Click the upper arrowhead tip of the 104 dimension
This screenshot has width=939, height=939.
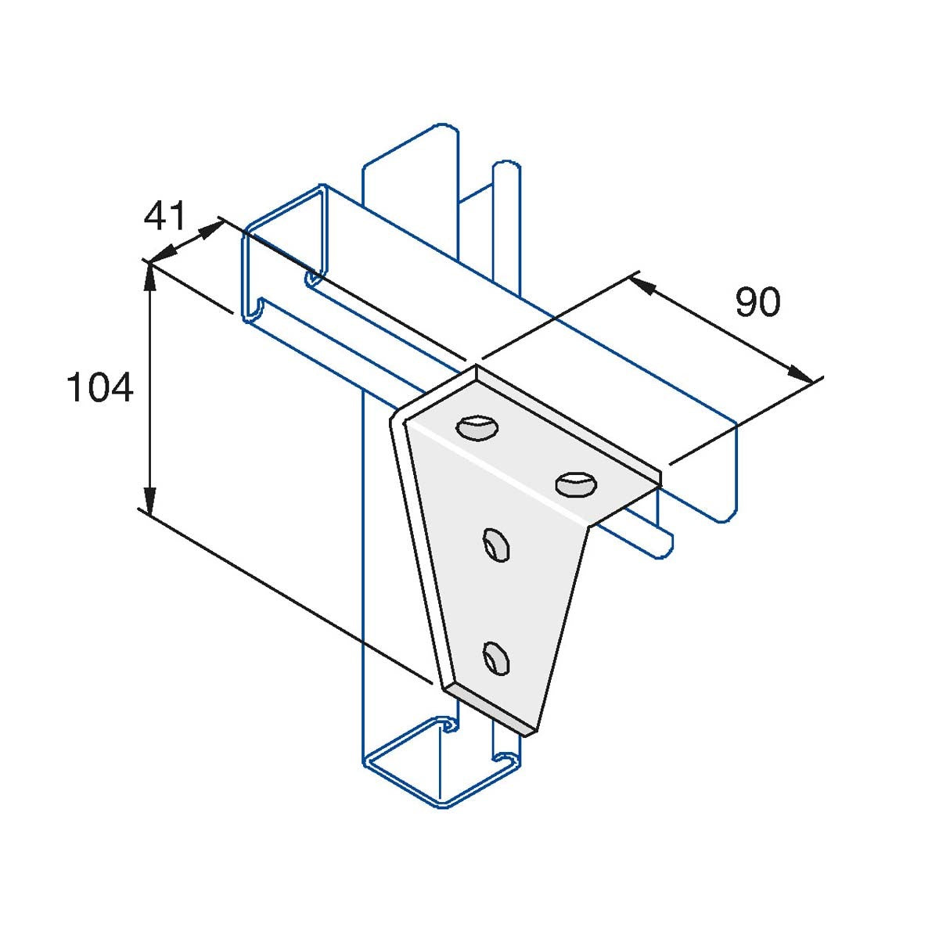tap(150, 265)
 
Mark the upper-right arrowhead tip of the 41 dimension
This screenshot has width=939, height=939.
tap(222, 223)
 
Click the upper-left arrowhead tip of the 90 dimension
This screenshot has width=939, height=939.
tap(631, 278)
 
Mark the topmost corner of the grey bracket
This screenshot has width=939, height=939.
tap(476, 365)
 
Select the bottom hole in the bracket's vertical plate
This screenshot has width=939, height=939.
tap(496, 658)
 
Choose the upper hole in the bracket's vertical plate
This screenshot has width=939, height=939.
tap(496, 545)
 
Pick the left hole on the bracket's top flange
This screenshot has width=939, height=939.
tap(477, 428)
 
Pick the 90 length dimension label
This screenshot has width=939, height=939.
tap(758, 302)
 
